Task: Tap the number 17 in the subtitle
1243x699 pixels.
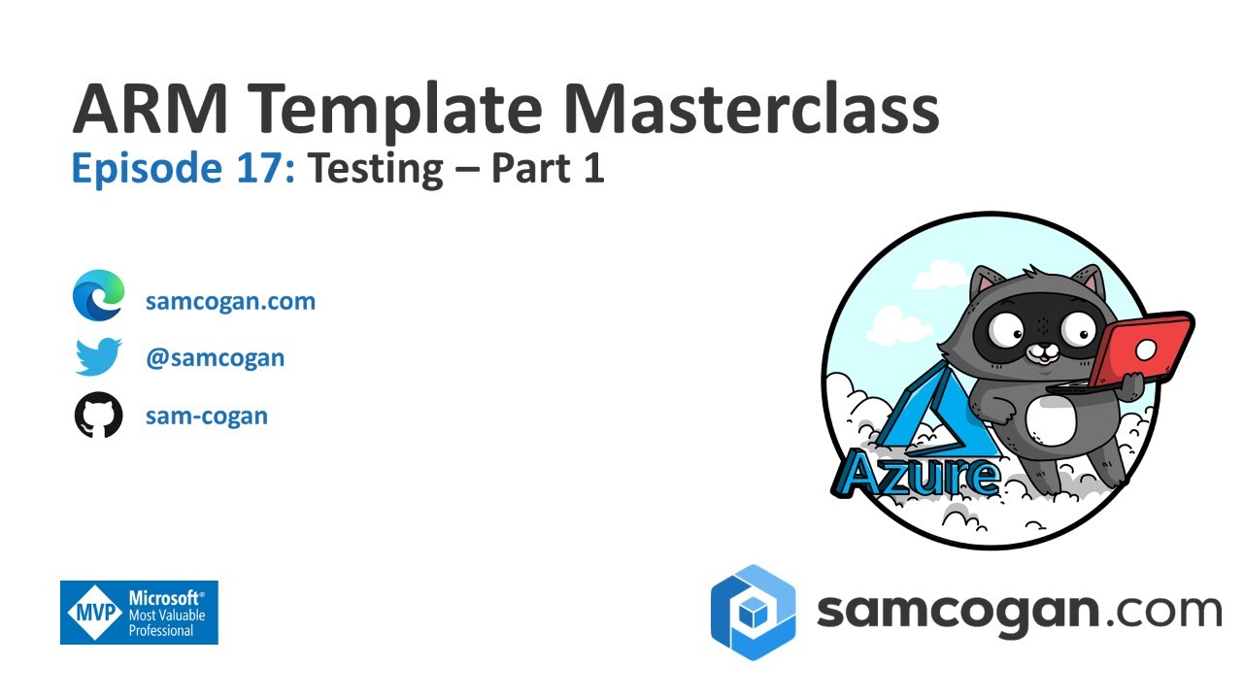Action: click(258, 169)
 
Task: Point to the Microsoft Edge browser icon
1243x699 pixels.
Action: click(98, 296)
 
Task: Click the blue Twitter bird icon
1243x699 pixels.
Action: click(98, 356)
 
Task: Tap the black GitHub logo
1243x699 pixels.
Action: click(98, 416)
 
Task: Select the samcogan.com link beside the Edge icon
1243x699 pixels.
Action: click(230, 301)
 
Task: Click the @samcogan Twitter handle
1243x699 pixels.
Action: click(215, 358)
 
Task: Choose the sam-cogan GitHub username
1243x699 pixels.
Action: click(206, 416)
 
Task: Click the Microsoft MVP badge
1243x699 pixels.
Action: click(139, 613)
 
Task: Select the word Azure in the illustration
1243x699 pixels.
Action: click(917, 474)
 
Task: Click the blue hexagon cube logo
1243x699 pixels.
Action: click(753, 613)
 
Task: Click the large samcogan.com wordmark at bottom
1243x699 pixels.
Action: click(1018, 612)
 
